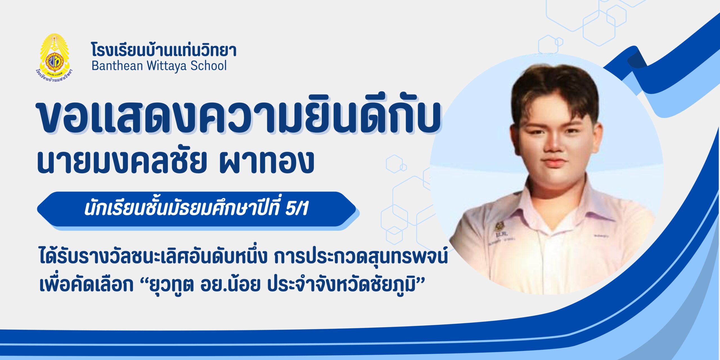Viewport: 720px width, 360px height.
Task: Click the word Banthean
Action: (x=117, y=66)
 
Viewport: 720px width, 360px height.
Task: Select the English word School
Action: (x=208, y=66)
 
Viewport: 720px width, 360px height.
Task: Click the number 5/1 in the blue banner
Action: (x=297, y=209)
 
